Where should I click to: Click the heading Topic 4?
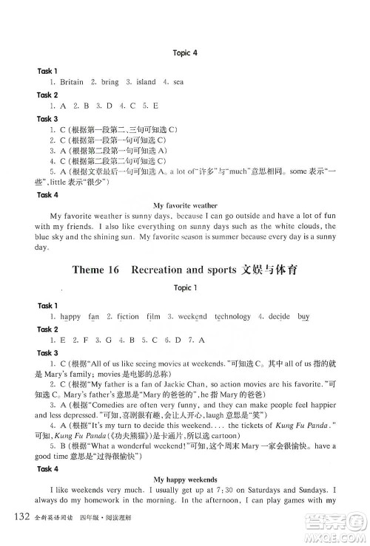pos(184,53)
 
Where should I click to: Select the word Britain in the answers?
pos(67,82)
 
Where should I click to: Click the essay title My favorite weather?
pos(185,203)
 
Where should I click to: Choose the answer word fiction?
pos(127,316)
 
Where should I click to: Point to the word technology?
pos(232,316)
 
